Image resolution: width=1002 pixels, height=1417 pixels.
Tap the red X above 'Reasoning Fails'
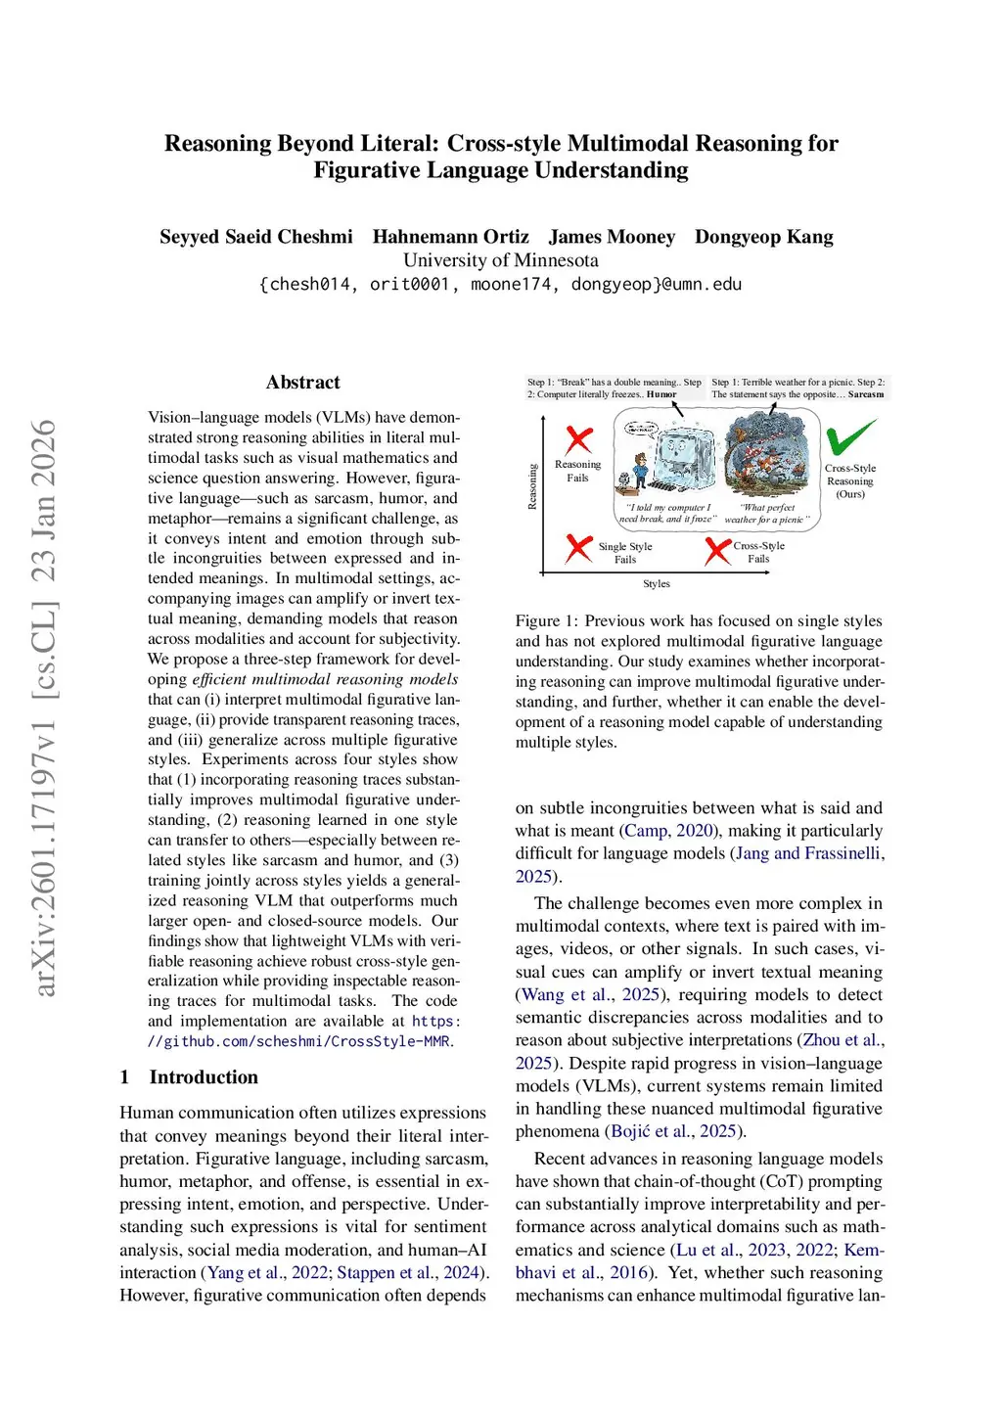click(x=579, y=440)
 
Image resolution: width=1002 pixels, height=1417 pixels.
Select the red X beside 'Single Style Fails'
click(x=579, y=548)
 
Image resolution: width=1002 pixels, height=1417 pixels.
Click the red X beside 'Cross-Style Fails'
click(x=718, y=550)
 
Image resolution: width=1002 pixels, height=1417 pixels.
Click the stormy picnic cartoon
click(x=768, y=455)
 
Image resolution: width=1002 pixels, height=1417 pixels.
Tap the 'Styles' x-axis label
click(x=657, y=584)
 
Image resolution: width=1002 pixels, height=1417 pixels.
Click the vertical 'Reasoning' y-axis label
click(x=532, y=486)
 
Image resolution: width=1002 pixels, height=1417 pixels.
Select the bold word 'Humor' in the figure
click(x=661, y=394)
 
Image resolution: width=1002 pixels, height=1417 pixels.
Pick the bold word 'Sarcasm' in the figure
click(x=866, y=394)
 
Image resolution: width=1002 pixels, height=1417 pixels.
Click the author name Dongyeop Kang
click(x=763, y=237)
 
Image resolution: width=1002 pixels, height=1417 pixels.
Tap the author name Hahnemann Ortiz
click(x=450, y=237)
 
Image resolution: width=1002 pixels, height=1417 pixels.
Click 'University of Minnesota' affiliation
click(x=500, y=260)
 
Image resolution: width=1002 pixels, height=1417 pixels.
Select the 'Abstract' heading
click(x=302, y=383)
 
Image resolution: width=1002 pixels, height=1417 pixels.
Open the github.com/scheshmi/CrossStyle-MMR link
click(x=299, y=1041)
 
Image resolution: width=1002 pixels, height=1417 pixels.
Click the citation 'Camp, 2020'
click(x=667, y=831)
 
